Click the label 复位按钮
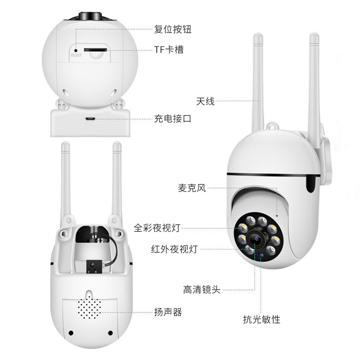coord(173,30)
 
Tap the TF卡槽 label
coord(169,50)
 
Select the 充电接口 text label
coord(173,119)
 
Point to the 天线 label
coord(205,101)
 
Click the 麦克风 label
coord(191,188)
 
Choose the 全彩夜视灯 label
coord(157,228)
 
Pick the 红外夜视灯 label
coord(174,249)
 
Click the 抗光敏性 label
coord(261,319)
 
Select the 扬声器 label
coord(168,312)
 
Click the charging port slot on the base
coord(90,119)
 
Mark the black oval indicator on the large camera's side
coord(311,184)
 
